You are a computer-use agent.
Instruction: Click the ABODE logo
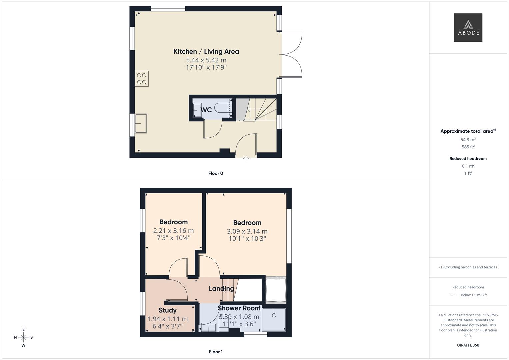[468, 28]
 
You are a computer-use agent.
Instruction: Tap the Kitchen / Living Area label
[206, 52]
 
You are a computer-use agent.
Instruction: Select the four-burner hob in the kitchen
[142, 79]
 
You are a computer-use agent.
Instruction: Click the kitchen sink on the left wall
[140, 123]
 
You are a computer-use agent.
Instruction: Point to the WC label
[206, 110]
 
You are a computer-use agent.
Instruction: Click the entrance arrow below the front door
[246, 158]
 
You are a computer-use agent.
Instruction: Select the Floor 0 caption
[216, 173]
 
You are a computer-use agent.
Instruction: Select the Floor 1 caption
[216, 352]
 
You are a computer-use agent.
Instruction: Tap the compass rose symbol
[23, 337]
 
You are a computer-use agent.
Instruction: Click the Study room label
[167, 310]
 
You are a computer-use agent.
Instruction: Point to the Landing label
[221, 289]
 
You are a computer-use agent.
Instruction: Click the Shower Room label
[239, 308]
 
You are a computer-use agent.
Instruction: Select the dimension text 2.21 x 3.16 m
[173, 231]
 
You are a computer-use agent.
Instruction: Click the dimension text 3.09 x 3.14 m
[247, 231]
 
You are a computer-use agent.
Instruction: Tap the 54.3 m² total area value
[468, 140]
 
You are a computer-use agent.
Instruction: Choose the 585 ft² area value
[468, 147]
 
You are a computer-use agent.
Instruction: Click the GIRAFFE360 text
[468, 345]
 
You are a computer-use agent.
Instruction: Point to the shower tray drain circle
[274, 315]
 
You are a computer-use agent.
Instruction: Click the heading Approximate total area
[467, 131]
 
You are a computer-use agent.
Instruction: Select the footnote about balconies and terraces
[468, 267]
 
